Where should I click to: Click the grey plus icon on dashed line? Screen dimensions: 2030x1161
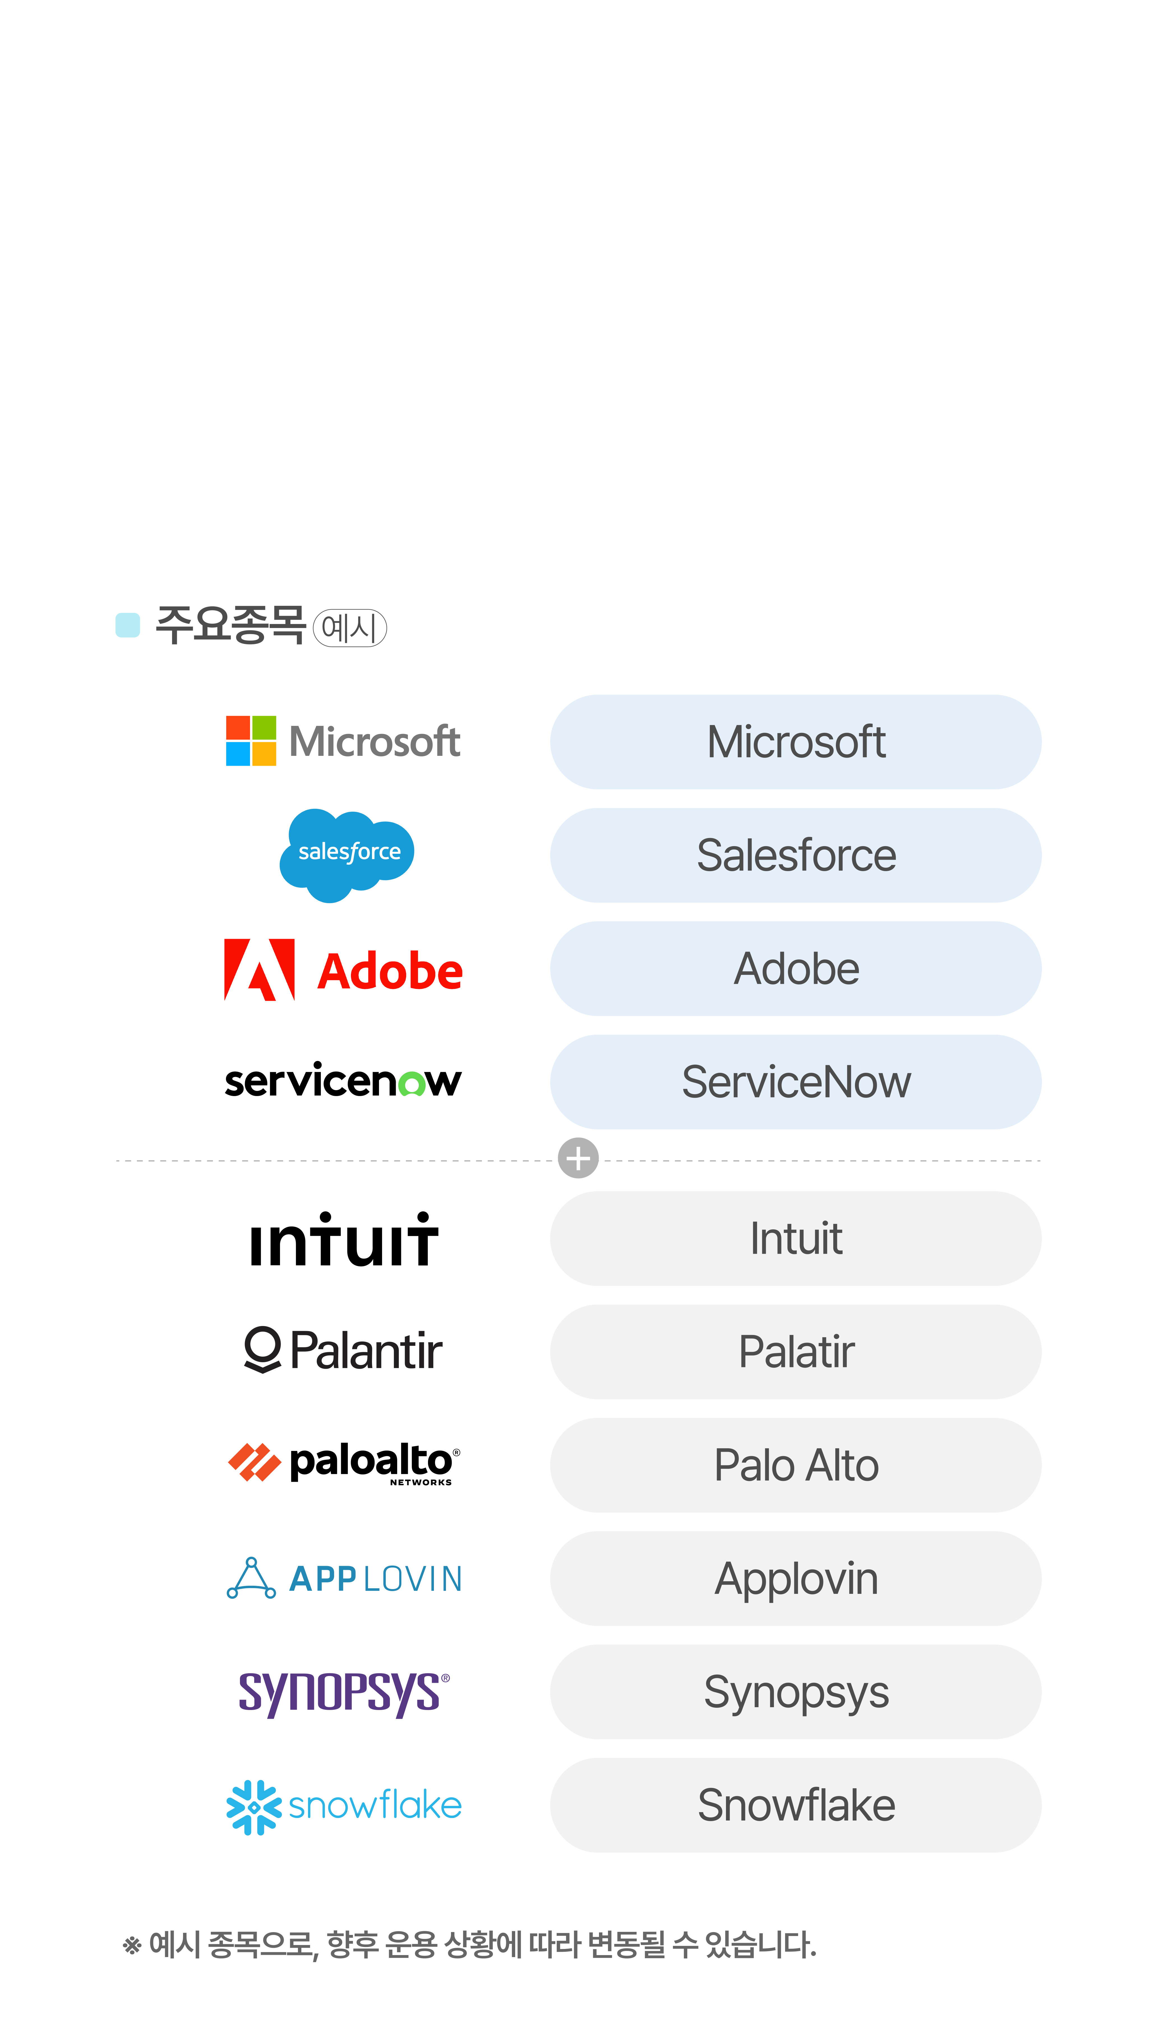click(x=578, y=1158)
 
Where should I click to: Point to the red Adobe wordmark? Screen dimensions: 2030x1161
click(x=390, y=972)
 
